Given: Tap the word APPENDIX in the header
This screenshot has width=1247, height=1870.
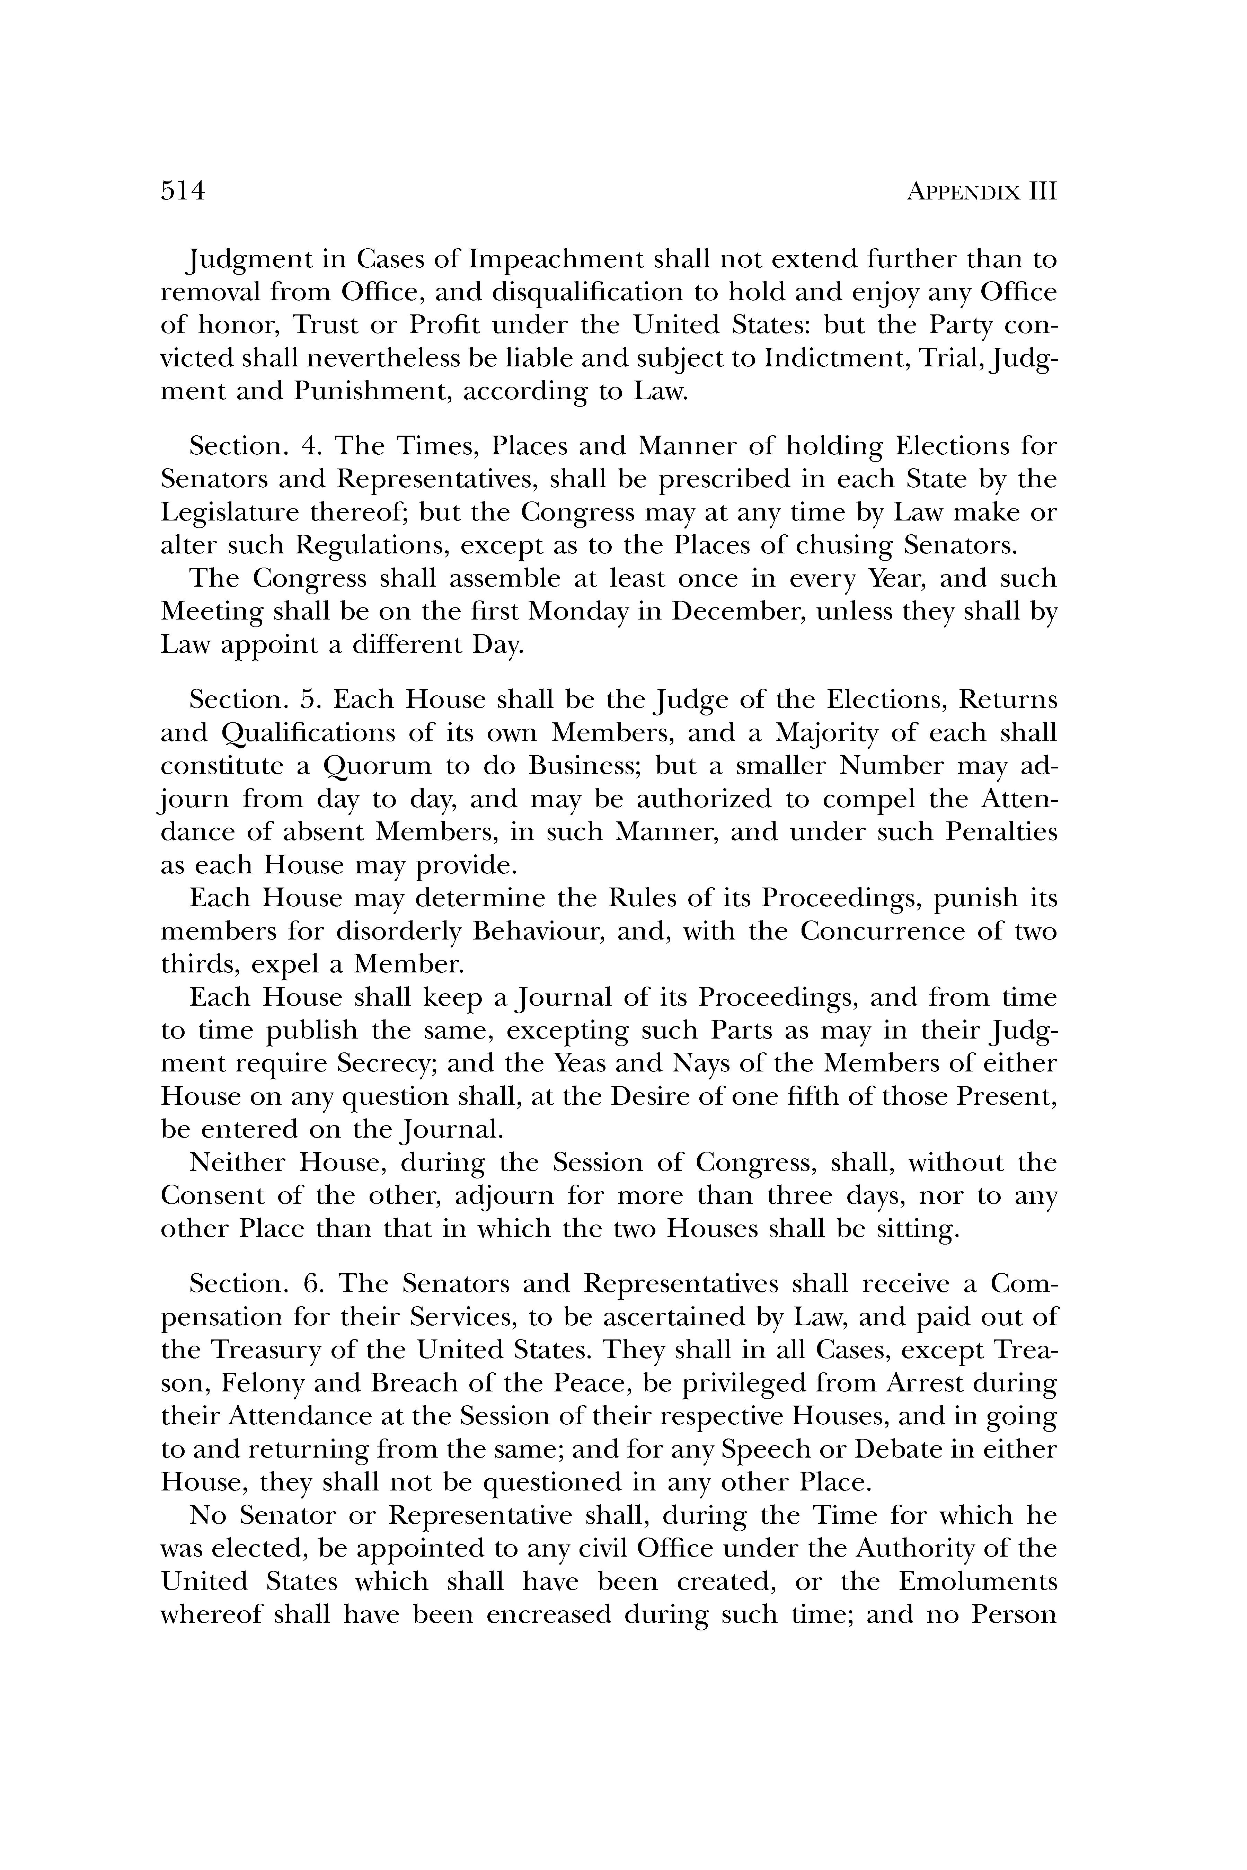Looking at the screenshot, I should pos(963,193).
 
